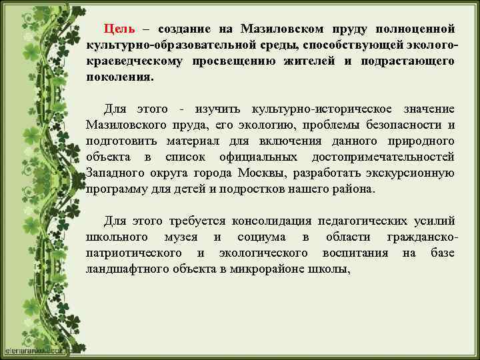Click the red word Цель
pos(119,29)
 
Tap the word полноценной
pos(415,29)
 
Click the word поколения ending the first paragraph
pos(119,77)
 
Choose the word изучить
pos(219,109)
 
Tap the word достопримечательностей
pos(383,157)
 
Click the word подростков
pos(258,189)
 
